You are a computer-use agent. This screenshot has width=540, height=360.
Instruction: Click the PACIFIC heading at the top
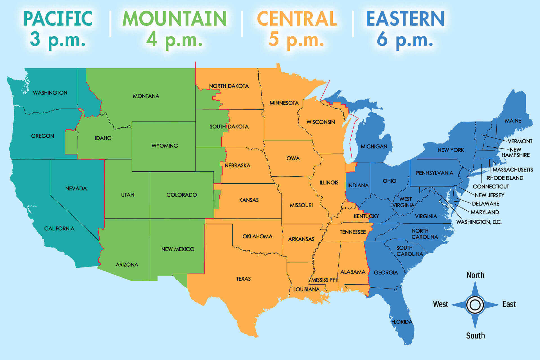click(x=58, y=19)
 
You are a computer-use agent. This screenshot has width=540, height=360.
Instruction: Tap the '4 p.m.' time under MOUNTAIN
click(x=174, y=39)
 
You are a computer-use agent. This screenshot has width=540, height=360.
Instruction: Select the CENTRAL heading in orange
click(x=297, y=19)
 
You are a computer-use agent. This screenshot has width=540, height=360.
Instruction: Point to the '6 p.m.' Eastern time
click(x=405, y=39)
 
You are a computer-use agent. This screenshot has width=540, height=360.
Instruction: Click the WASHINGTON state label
click(x=50, y=93)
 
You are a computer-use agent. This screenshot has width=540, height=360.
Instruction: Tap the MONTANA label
click(x=146, y=96)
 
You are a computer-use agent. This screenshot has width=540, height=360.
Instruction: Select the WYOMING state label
click(x=165, y=146)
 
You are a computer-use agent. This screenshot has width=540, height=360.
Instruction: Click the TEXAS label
click(x=243, y=279)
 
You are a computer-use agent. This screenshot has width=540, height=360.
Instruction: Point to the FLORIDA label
click(x=402, y=322)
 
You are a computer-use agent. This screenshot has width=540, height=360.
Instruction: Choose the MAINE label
click(x=513, y=121)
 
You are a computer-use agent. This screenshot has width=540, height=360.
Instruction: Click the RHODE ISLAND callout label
click(x=505, y=178)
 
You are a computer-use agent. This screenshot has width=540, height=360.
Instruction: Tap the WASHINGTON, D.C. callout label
click(x=479, y=222)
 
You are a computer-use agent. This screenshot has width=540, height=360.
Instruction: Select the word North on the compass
click(x=475, y=275)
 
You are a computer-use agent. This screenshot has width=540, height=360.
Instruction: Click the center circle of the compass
click(x=475, y=305)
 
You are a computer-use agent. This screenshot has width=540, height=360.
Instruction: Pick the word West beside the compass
click(x=440, y=304)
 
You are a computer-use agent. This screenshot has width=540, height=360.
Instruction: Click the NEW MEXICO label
click(x=178, y=249)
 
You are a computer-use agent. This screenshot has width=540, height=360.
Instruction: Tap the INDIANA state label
click(x=358, y=185)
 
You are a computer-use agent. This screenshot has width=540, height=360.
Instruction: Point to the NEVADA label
click(x=76, y=188)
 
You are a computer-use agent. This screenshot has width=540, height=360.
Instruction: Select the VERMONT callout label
click(x=520, y=141)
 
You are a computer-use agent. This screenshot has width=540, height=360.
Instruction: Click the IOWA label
click(x=292, y=158)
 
